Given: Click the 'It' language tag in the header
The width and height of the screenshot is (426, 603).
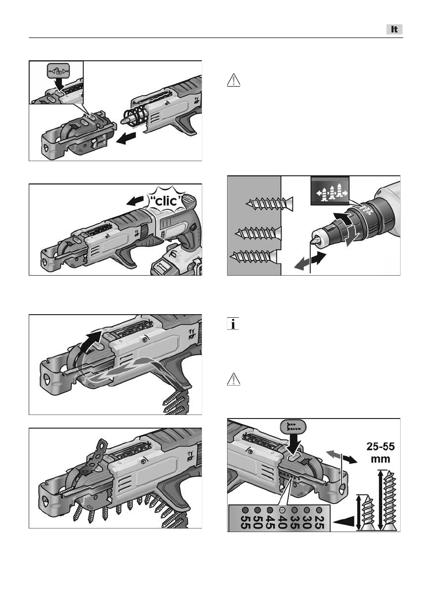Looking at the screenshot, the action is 395,29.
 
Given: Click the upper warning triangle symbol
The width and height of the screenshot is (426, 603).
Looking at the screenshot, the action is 234,80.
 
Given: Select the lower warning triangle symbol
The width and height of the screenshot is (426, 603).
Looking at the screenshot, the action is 234,379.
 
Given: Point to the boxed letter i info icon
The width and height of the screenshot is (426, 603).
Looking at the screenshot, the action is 233,323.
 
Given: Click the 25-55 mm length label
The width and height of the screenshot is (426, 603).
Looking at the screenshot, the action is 380,453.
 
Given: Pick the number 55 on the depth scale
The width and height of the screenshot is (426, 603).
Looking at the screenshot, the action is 245,522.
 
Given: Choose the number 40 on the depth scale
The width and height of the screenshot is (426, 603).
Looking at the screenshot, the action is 282,522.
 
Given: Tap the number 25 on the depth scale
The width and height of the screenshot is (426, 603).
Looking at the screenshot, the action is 319,522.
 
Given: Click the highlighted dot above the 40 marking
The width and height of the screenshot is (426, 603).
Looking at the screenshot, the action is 282,510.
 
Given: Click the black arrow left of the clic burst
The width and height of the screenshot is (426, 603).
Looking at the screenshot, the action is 135,201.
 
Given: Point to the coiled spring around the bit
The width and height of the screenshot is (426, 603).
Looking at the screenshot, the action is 135,116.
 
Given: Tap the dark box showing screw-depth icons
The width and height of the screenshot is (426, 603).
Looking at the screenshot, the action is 330,191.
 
